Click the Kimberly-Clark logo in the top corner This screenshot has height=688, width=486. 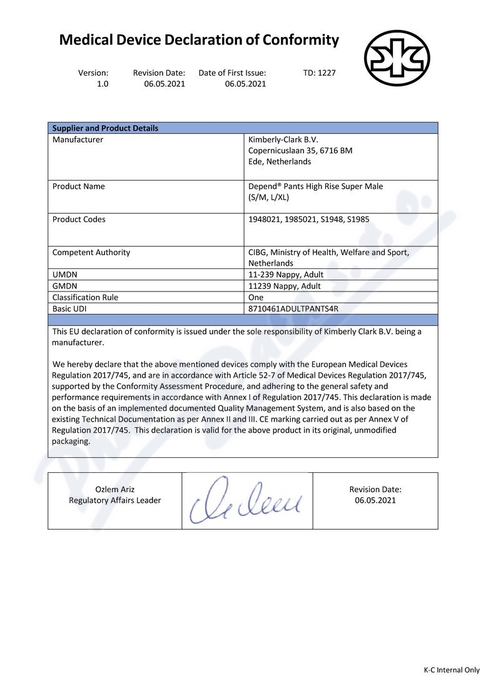397,58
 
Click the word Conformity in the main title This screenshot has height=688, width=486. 300,41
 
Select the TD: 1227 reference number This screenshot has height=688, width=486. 319,73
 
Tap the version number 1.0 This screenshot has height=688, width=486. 103,84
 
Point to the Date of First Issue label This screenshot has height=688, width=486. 232,73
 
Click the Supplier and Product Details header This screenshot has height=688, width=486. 105,128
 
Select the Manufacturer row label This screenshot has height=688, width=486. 78,139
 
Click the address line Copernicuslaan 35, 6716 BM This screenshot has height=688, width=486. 300,151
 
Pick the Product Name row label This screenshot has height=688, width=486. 79,186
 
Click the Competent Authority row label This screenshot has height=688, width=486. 91,253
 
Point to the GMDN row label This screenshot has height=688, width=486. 64,286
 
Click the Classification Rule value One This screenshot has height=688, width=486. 256,297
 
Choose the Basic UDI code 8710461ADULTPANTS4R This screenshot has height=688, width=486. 293,308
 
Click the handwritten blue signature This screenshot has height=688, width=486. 246,500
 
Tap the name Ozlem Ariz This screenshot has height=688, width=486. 114,489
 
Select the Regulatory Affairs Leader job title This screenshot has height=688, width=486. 114,500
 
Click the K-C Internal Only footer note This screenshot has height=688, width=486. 452,670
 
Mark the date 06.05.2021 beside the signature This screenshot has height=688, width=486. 375,500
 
